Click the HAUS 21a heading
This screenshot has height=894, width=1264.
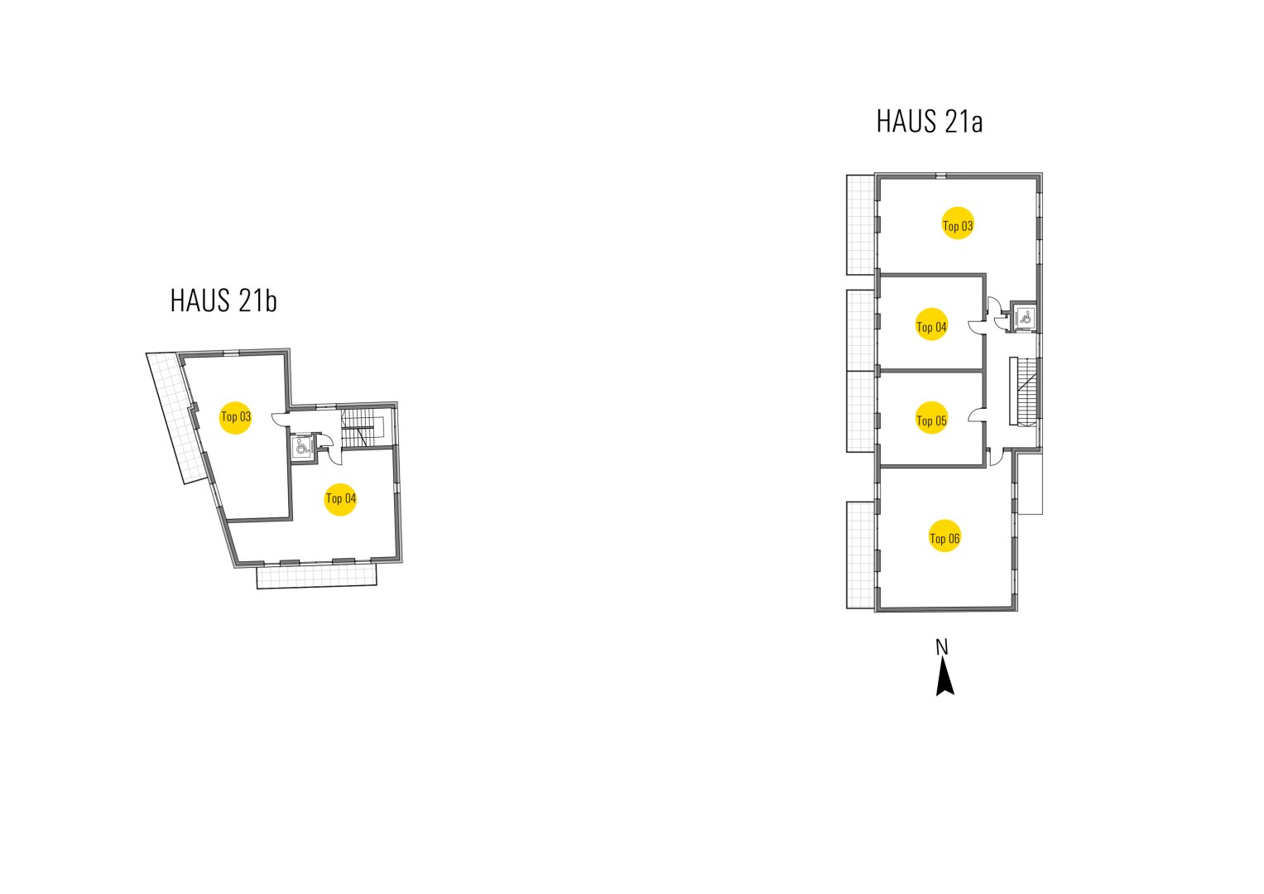click(929, 122)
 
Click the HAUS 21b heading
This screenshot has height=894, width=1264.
click(223, 300)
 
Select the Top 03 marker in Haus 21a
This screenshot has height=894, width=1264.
click(958, 223)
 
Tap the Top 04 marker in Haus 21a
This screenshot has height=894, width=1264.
click(931, 325)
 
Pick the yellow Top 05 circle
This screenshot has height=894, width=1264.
click(931, 420)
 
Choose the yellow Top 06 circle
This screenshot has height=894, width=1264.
click(944, 537)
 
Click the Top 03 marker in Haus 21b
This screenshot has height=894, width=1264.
click(235, 416)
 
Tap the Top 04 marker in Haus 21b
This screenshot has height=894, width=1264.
click(340, 498)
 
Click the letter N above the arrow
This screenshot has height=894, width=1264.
click(941, 646)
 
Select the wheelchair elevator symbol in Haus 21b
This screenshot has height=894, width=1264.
click(301, 446)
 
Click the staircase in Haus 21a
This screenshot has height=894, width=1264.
click(1025, 391)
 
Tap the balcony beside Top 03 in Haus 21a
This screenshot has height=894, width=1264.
click(861, 224)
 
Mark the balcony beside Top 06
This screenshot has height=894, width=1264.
click(861, 555)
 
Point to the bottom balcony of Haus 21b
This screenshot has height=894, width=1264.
click(317, 575)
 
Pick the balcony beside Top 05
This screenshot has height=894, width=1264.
click(861, 411)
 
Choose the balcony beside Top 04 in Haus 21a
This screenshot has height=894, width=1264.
click(861, 329)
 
